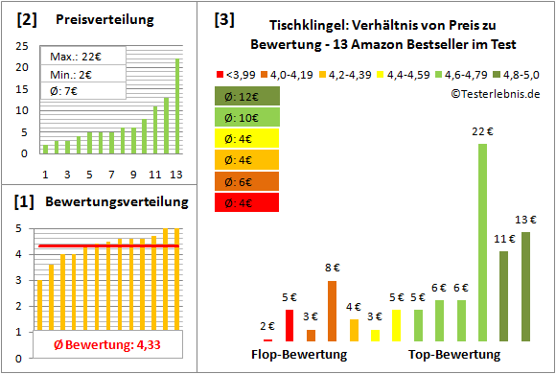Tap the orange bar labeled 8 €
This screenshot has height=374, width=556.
332,311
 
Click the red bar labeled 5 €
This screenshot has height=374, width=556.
290,325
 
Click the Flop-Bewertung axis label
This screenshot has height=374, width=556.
299,355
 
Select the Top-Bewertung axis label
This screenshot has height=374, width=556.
454,355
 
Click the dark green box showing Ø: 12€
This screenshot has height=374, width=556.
247,97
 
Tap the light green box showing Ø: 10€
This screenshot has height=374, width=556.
247,118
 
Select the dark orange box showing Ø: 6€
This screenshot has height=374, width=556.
247,181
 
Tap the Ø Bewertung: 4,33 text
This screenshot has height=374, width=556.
94,345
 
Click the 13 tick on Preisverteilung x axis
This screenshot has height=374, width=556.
176,175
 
